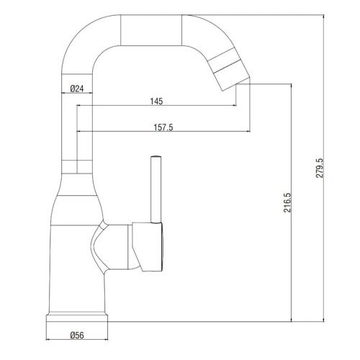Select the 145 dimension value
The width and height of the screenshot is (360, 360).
click(156, 101)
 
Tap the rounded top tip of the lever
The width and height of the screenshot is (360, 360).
click(153, 158)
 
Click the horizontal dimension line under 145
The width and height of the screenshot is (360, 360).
click(156, 107)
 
